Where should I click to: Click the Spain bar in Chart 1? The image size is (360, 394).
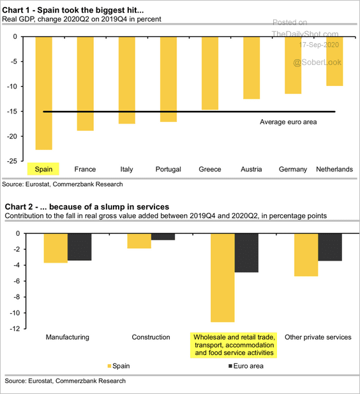(44, 93)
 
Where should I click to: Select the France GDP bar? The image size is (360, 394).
(86, 84)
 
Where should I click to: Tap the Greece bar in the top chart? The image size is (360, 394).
(210, 73)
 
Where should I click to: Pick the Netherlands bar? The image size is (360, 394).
(334, 62)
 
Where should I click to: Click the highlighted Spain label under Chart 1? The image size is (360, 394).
(43, 169)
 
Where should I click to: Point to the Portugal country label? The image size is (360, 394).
(169, 170)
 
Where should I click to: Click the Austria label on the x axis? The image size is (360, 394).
(251, 169)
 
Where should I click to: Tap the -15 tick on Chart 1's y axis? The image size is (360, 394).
(12, 112)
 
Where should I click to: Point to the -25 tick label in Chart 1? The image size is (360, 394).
(12, 161)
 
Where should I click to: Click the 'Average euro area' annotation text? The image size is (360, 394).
(289, 122)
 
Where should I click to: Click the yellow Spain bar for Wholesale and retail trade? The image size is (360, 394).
(223, 278)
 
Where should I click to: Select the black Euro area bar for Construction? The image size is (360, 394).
(163, 237)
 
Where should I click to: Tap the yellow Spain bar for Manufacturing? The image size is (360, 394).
(56, 248)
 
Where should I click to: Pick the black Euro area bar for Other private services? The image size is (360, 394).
(330, 247)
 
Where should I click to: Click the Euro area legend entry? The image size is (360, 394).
(246, 366)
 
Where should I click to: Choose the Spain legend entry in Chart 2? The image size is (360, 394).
(119, 366)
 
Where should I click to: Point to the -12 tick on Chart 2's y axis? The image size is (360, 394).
(15, 329)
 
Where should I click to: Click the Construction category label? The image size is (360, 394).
(151, 337)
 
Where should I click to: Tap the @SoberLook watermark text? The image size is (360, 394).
(317, 62)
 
